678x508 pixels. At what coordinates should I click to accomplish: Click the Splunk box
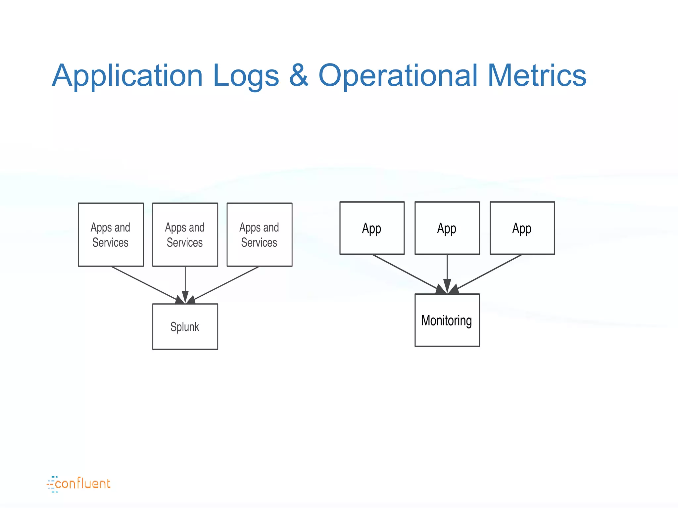[185, 326]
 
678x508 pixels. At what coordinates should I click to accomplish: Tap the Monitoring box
[447, 320]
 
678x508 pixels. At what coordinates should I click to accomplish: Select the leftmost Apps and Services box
[111, 234]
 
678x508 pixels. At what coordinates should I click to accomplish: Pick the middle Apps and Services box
[185, 234]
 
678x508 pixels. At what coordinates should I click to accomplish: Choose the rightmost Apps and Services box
[260, 234]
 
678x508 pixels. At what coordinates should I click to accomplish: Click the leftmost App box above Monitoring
[372, 228]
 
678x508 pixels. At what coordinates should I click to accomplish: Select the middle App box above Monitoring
[447, 228]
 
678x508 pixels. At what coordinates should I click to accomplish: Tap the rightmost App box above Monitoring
[522, 228]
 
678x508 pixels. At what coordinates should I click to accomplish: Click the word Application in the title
[127, 76]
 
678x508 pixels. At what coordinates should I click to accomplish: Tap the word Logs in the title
[246, 76]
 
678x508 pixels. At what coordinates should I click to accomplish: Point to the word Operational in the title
[398, 76]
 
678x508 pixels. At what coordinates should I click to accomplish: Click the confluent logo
[79, 484]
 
